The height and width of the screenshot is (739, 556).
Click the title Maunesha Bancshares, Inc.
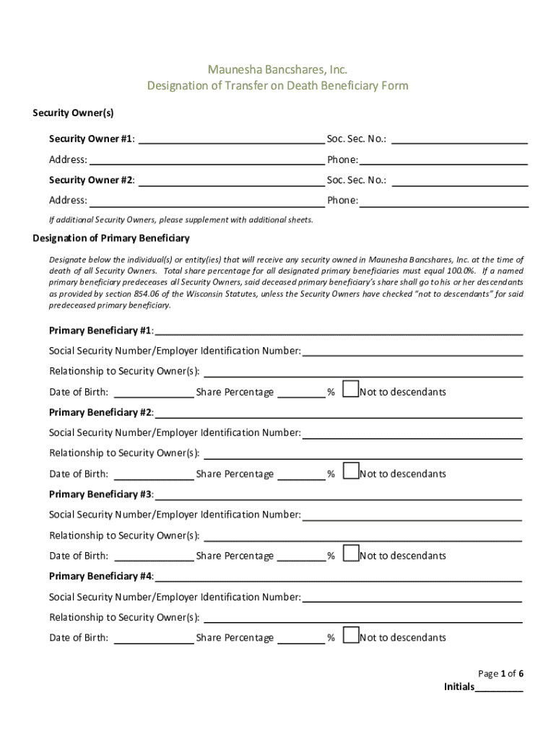(277, 69)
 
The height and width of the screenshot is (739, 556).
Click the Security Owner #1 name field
(230, 139)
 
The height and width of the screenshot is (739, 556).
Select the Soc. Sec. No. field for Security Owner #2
(459, 180)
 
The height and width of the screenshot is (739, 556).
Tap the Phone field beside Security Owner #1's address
(443, 159)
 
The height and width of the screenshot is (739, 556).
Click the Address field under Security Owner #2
(207, 200)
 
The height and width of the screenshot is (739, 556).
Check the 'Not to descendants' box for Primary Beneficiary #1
(350, 390)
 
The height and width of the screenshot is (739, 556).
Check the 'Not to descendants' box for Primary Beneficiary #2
(350, 471)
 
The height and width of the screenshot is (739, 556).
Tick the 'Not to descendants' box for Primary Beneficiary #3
(350, 554)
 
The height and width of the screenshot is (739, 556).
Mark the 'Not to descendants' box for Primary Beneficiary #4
(350, 635)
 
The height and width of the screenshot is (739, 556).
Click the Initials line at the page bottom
(499, 687)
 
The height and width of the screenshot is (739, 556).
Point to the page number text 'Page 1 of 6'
(500, 673)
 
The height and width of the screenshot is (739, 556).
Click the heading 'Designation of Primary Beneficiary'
(111, 238)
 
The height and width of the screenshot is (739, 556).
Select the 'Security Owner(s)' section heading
(73, 113)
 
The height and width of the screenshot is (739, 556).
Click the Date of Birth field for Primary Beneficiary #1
(154, 392)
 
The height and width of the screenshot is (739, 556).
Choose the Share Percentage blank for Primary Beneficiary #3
(301, 556)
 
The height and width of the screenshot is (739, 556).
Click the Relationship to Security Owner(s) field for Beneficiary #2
(362, 453)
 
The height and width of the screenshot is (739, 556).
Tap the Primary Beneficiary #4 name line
(338, 577)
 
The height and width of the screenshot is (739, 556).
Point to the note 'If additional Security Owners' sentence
(181, 219)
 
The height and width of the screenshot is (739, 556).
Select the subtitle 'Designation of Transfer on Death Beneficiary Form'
(277, 86)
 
